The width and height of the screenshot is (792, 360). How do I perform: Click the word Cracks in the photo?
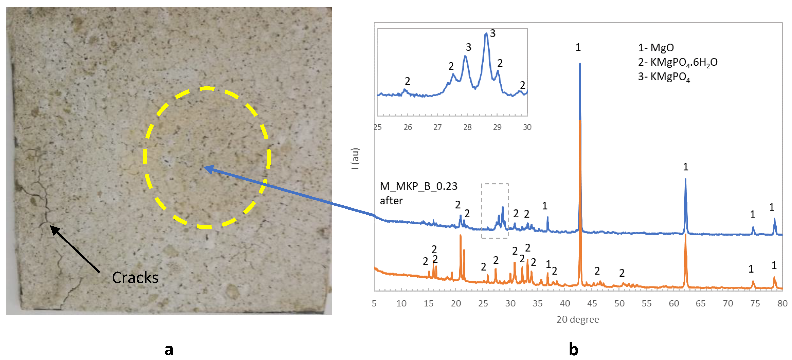pos(135,278)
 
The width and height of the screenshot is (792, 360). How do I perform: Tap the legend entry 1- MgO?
pos(656,48)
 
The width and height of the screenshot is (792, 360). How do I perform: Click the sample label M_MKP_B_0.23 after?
pos(418,193)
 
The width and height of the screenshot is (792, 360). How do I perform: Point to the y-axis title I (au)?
pos(355,159)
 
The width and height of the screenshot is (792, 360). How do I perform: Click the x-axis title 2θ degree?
pos(577,319)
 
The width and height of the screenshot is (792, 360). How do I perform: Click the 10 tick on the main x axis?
pos(401,303)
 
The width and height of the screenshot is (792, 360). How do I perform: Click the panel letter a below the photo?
pos(169,350)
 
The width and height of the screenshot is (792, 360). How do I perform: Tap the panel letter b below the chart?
pos(573,350)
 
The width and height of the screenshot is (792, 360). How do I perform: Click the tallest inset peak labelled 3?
pos(486,34)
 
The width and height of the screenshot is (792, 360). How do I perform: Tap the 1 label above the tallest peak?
pos(578,47)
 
